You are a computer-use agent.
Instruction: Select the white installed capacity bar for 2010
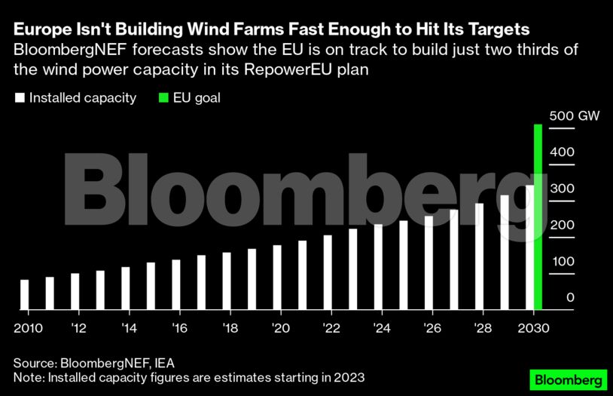tap(25, 295)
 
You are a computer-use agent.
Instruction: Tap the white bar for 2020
tap(277, 277)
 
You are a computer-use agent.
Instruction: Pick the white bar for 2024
tap(378, 266)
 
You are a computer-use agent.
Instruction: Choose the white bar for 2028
tap(479, 256)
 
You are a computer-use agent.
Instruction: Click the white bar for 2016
tap(176, 284)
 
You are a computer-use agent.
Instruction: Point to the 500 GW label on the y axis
tap(572, 117)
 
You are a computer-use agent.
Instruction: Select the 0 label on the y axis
tap(570, 298)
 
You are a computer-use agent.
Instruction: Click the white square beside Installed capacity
tap(20, 98)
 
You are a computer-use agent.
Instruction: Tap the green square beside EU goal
tap(165, 98)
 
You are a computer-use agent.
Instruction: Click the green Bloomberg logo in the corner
tap(569, 378)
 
